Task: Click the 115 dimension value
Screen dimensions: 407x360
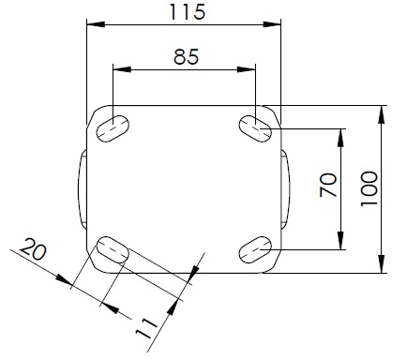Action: pos(188,12)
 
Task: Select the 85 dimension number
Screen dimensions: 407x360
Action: pos(186,57)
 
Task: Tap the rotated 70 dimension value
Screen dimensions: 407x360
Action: pos(328,185)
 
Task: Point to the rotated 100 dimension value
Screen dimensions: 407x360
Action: pos(369,188)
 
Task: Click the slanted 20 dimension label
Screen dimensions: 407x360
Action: pos(33,249)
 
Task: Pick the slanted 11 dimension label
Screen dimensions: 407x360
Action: pos(146,329)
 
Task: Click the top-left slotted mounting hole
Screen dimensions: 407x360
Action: pos(113,128)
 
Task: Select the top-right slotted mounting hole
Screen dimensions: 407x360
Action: pos(255,128)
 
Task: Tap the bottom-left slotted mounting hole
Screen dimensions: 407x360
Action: pos(113,249)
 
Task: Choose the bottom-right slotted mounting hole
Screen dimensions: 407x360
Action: pos(255,249)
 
